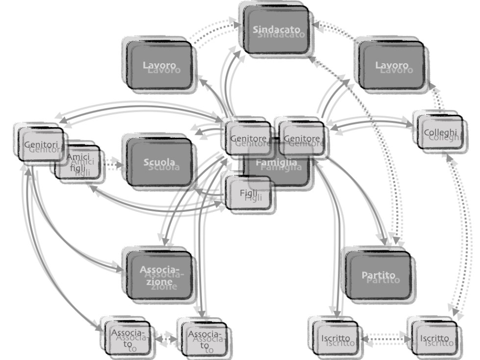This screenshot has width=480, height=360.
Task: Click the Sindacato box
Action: tap(276, 29)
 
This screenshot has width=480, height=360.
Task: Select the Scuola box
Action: tap(159, 162)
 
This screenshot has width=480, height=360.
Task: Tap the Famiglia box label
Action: tap(278, 162)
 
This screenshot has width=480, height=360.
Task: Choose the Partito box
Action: tap(378, 275)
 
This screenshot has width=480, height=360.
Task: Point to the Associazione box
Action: tap(159, 275)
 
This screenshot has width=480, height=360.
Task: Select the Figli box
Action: tap(249, 193)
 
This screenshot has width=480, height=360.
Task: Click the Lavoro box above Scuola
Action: tap(159, 65)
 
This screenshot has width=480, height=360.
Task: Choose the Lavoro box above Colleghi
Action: tap(391, 65)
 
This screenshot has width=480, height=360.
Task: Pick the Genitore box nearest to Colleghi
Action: tap(302, 138)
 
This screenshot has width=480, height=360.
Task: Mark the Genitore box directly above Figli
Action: tap(249, 138)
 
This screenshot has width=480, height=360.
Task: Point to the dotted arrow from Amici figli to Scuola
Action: tap(113, 165)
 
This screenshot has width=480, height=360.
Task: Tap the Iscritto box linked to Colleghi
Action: tap(434, 338)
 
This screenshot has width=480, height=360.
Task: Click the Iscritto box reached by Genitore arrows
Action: tap(336, 338)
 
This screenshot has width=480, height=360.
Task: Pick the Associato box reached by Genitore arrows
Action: tap(205, 337)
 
